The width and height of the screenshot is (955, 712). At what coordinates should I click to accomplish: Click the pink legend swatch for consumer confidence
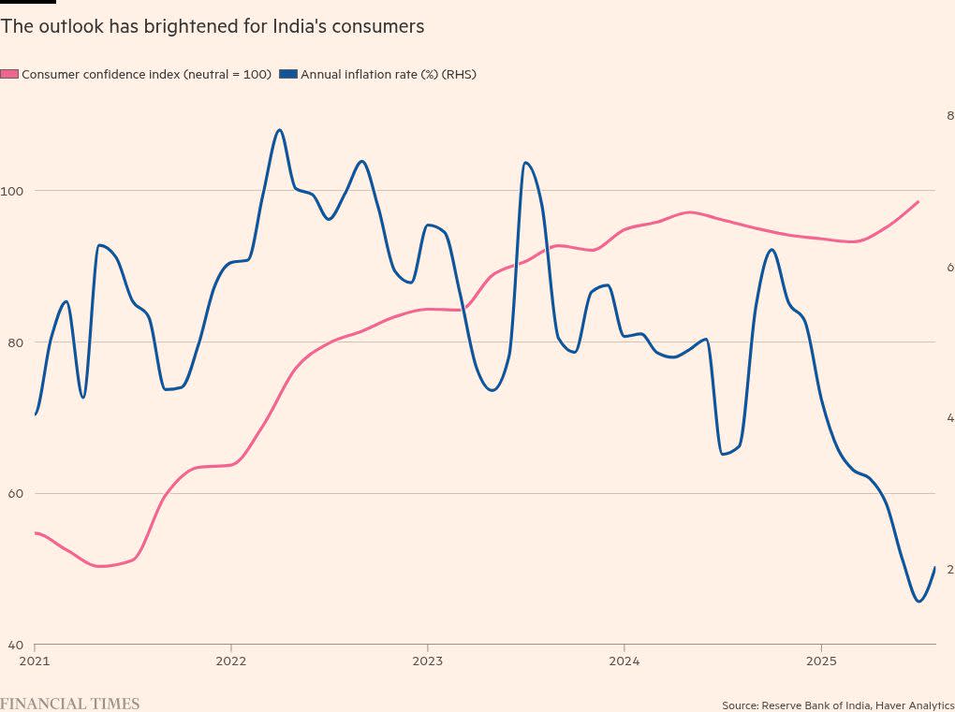point(9,74)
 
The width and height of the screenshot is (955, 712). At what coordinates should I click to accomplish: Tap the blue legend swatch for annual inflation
point(288,74)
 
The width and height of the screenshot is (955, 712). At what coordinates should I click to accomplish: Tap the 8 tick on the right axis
point(949,115)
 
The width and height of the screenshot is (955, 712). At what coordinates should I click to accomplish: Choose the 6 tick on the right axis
point(949,267)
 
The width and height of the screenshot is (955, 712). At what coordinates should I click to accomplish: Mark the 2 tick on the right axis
point(949,569)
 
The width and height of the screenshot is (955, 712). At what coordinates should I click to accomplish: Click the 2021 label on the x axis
point(35,661)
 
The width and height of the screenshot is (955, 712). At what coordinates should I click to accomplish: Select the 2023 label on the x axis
point(428,661)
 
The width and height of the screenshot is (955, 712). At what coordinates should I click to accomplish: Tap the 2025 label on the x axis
point(821,661)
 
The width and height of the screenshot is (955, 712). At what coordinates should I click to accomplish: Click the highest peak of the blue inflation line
point(279,130)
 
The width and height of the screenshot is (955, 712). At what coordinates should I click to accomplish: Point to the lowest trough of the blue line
point(918,602)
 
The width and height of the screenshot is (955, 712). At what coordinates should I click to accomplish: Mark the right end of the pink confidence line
point(918,201)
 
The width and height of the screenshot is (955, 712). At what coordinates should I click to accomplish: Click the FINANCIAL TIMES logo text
point(69,704)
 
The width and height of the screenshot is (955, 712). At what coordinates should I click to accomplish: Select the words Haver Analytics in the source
point(915,705)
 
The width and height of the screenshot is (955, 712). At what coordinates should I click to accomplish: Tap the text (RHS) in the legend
point(460,74)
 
